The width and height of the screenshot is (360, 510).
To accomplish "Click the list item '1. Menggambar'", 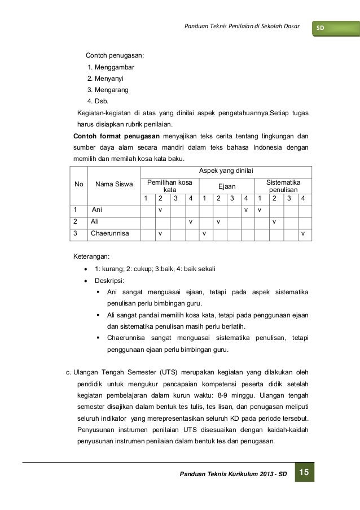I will [x=111, y=68].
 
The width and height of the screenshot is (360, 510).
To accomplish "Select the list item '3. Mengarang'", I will [x=108, y=89].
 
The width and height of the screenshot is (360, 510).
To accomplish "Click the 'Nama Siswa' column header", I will [x=112, y=184].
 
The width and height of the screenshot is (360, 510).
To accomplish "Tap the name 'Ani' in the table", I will [x=97, y=210].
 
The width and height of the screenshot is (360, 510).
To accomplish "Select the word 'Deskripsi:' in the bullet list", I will [x=111, y=280].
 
